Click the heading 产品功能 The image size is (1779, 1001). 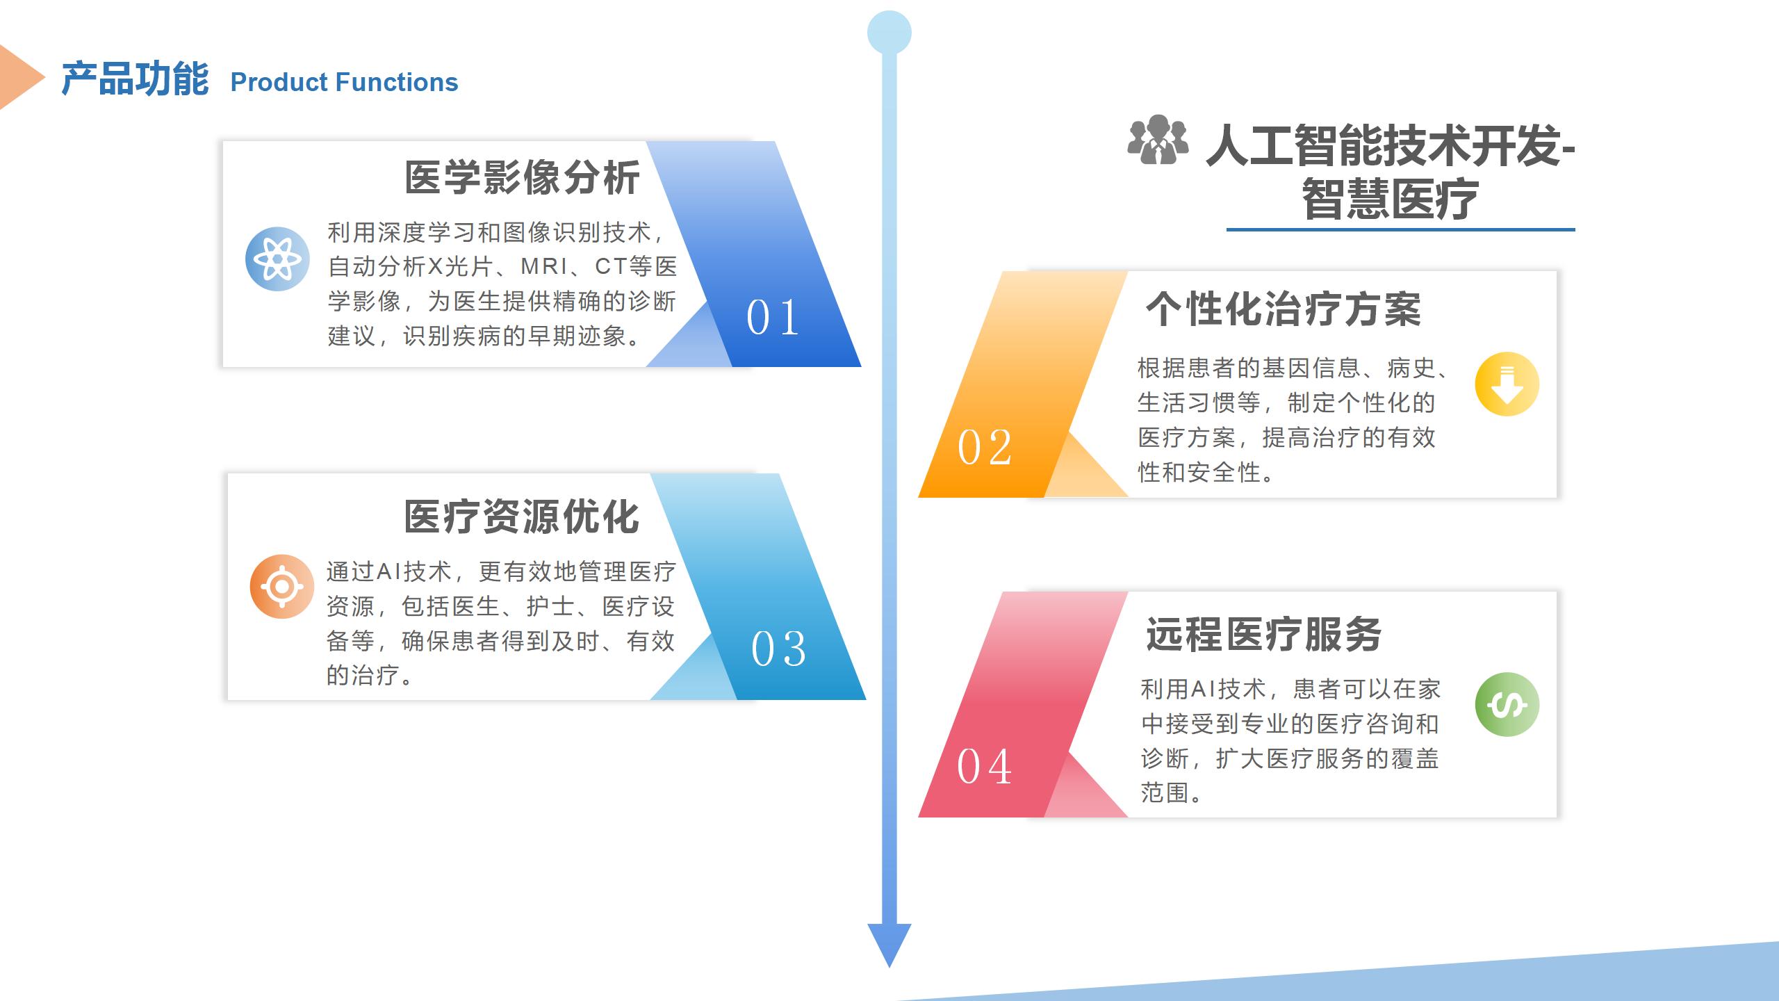(135, 79)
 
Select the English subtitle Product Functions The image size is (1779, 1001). (344, 82)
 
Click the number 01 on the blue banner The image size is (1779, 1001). (773, 318)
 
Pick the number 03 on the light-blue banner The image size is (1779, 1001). (778, 649)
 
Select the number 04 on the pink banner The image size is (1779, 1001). (984, 766)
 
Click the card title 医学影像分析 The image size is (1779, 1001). (522, 177)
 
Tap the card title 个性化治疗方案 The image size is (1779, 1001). (1284, 309)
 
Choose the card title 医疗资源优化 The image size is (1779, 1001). (522, 516)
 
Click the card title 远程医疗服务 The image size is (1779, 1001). (1263, 634)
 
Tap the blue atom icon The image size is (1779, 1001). (277, 259)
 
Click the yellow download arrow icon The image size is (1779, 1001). (1507, 384)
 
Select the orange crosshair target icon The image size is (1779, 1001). (281, 587)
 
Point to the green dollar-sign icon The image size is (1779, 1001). (1507, 705)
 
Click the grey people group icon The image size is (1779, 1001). (1158, 140)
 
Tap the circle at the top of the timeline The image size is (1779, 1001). (889, 33)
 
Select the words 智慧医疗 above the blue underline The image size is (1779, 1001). (1390, 199)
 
